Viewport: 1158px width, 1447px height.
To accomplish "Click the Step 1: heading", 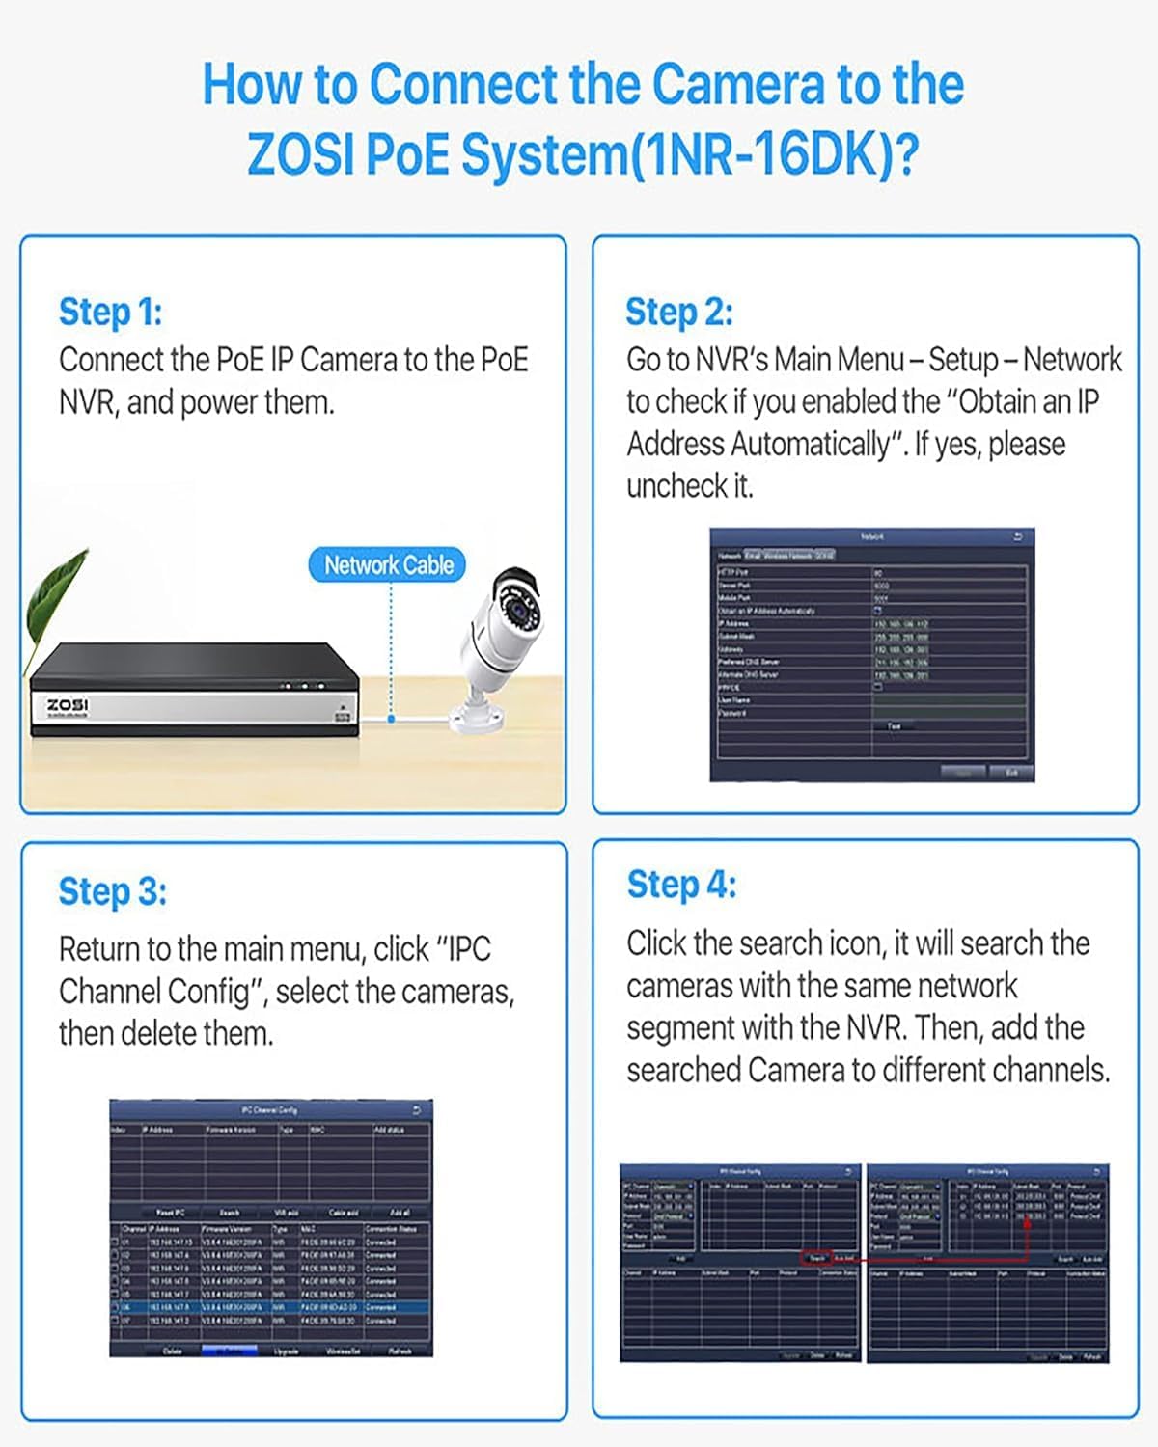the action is pos(110,312).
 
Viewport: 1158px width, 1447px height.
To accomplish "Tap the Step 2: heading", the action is pos(678,312).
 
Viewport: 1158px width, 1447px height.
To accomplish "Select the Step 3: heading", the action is pos(112,891).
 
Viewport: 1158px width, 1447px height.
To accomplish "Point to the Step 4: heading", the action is pos(681,885).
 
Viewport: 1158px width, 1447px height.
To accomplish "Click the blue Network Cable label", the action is pos(388,565).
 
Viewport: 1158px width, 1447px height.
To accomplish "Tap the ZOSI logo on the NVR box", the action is pos(68,706).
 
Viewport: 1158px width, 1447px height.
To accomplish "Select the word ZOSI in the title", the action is pos(300,154).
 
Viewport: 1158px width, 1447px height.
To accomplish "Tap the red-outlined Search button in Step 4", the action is pos(816,1258).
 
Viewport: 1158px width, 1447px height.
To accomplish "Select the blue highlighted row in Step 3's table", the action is pos(270,1307).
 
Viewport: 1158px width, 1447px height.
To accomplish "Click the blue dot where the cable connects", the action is pos(391,719).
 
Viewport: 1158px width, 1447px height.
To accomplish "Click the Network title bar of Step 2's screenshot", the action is pos(871,536).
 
